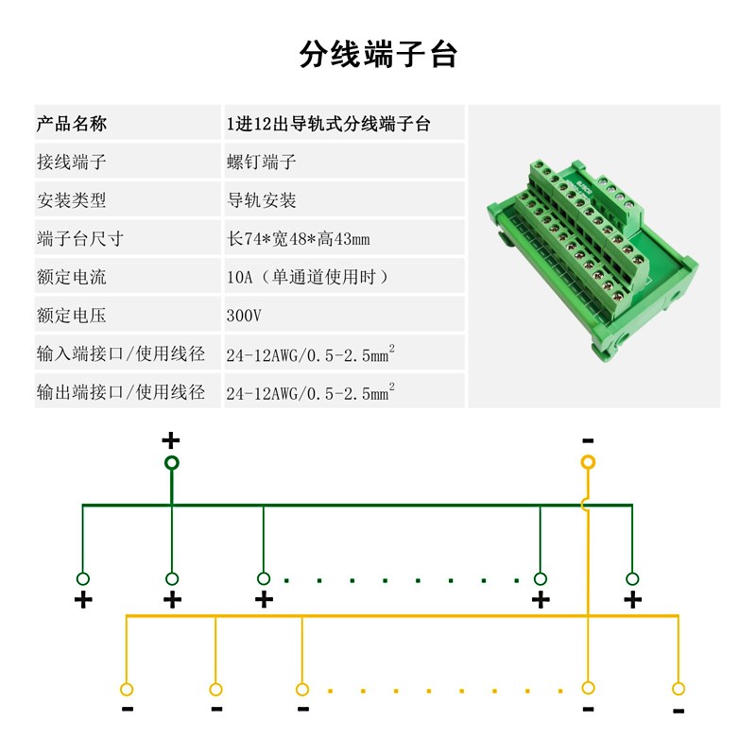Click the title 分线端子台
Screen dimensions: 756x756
(378, 54)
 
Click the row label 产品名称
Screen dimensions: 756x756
(72, 124)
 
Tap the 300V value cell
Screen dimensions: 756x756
(244, 315)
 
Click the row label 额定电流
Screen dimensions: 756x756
(72, 277)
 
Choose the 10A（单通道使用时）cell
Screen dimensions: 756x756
(307, 277)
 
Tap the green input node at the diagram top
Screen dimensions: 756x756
(171, 462)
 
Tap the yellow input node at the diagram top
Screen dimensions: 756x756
(588, 462)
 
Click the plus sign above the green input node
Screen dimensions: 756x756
(170, 439)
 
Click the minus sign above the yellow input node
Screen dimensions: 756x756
(588, 440)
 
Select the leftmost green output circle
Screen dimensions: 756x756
(83, 578)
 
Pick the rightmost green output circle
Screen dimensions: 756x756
(632, 578)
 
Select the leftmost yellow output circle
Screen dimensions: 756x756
(127, 688)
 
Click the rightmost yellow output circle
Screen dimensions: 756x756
(678, 688)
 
